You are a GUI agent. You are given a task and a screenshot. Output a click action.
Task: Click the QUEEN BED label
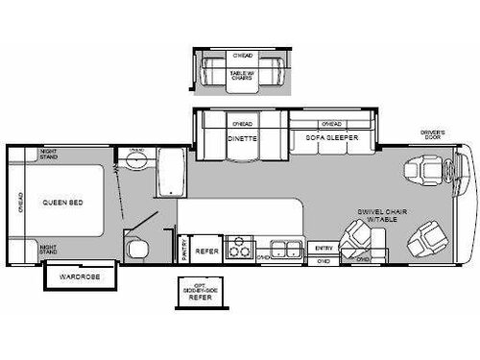(60, 203)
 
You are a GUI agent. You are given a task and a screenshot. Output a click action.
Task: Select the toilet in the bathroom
(137, 249)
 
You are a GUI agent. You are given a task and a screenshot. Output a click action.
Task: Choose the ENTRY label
(323, 249)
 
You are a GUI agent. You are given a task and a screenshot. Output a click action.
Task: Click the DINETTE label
(242, 138)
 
